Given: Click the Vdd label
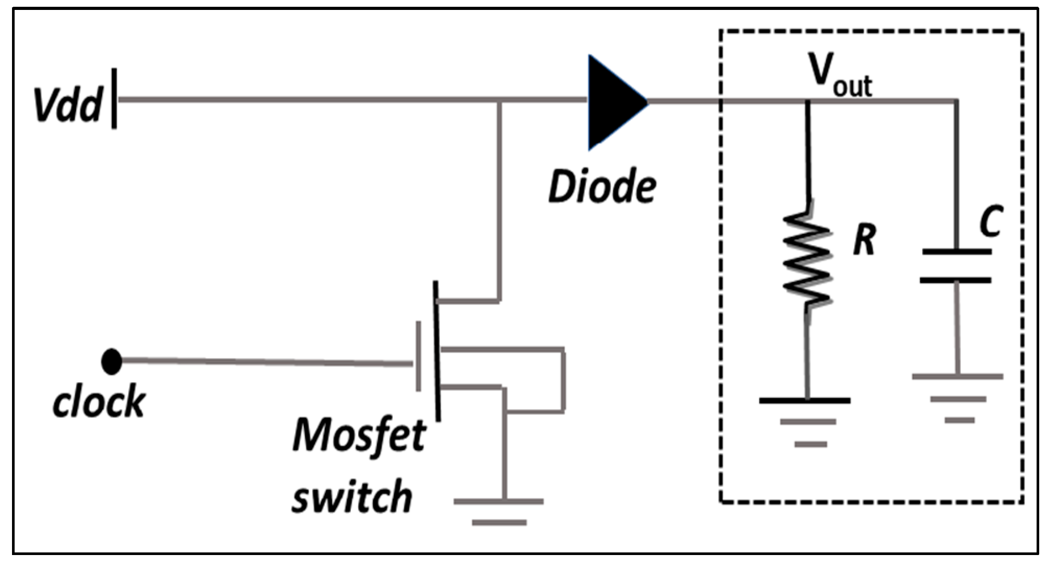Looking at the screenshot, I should pos(67,104).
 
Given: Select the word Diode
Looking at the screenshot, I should pos(602,187).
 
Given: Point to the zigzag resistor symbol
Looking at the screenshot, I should pos(807,258).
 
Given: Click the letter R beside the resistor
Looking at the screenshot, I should pos(864,240).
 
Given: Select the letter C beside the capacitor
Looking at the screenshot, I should pos(990,221).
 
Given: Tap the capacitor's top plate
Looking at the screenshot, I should pos(957,252).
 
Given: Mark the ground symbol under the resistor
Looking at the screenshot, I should pos(807,421).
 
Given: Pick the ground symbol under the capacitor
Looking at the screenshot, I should pos(958,397).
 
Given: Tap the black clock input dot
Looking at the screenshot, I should pos(111,361).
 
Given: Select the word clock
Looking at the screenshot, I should pos(99,402).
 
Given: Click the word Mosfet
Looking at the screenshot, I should pos(359,435).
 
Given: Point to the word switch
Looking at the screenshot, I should pos(351,496).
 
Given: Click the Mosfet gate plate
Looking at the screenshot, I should pos(418,356).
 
